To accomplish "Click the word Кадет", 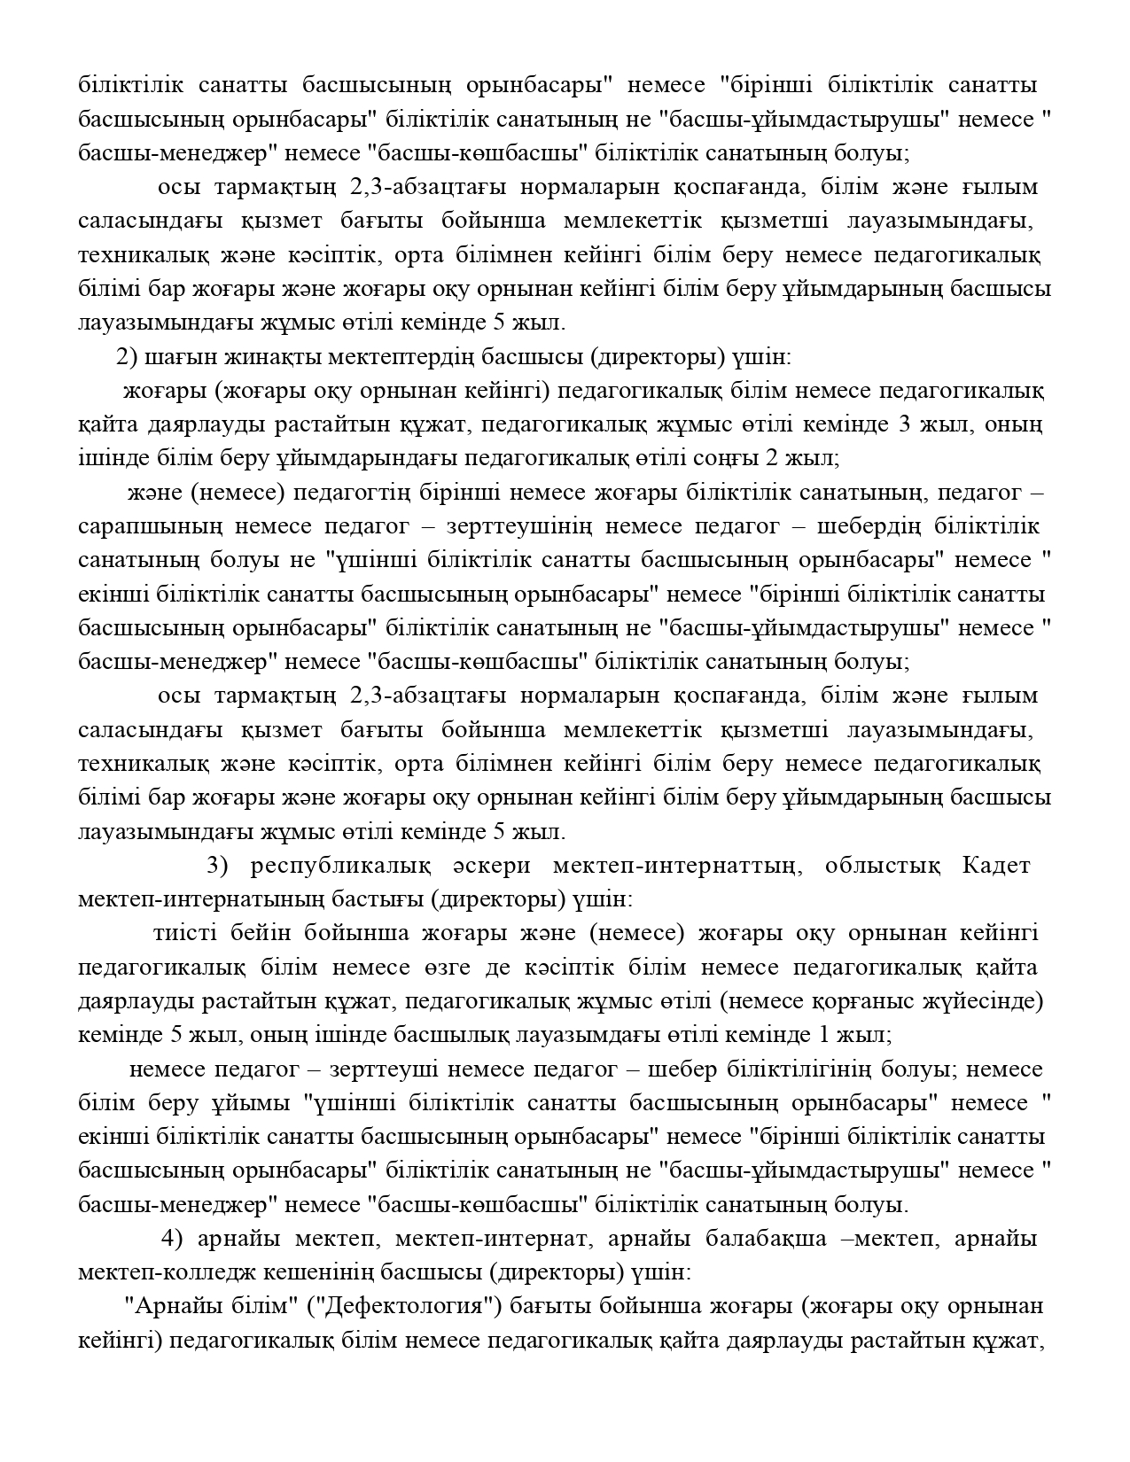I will coord(996,866).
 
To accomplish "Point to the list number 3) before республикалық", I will coord(219,866).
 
